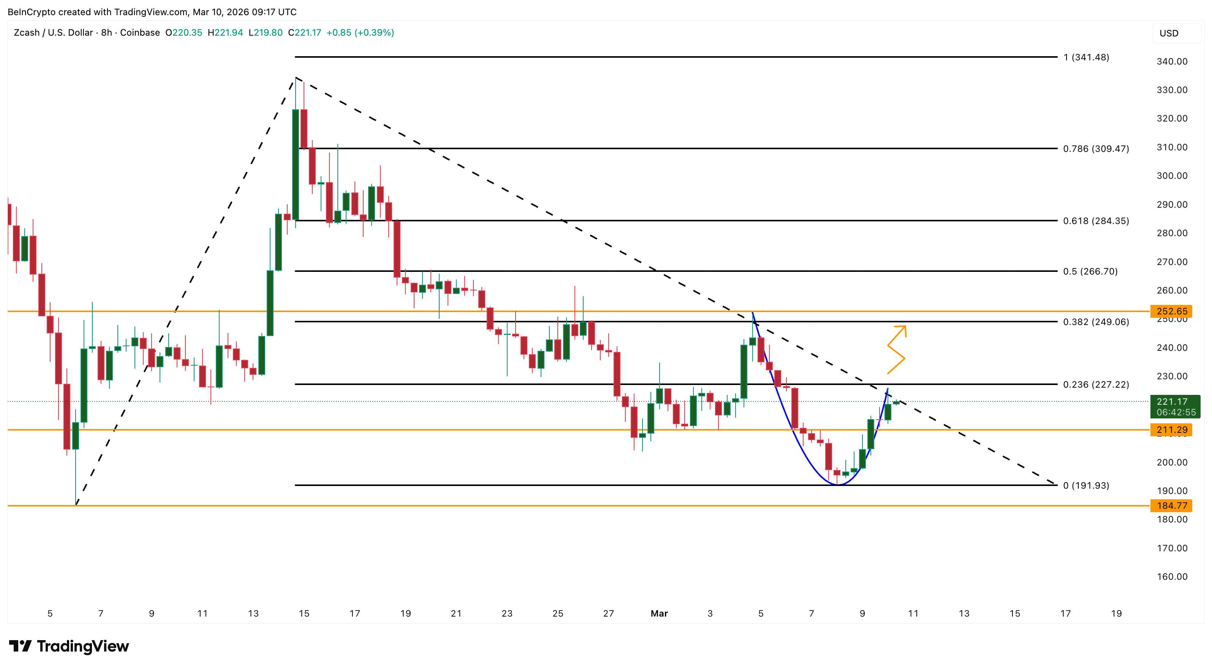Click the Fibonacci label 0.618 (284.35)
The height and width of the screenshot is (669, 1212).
click(x=1095, y=221)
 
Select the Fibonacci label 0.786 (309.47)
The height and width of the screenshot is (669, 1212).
click(x=1095, y=148)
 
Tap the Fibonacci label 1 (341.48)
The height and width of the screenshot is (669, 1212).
click(x=1086, y=57)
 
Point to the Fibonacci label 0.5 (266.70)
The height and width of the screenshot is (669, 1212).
click(x=1090, y=271)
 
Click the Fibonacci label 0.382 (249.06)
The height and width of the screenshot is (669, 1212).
click(x=1095, y=322)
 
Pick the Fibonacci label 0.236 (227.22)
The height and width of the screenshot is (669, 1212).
click(x=1095, y=385)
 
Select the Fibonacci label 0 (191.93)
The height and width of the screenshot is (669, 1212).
click(x=1086, y=486)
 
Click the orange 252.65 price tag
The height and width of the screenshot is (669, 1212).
click(x=1172, y=311)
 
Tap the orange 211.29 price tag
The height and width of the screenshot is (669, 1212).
click(x=1172, y=430)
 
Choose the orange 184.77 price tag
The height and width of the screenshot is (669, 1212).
click(x=1172, y=506)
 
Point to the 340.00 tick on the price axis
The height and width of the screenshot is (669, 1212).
click(x=1172, y=62)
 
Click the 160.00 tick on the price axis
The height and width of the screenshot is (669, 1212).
click(x=1172, y=577)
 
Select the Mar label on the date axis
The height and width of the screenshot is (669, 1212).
click(x=659, y=614)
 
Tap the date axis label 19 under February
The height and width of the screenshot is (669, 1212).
click(x=405, y=614)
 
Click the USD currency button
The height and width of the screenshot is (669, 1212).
click(x=1169, y=33)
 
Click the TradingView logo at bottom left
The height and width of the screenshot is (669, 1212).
click(x=69, y=647)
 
